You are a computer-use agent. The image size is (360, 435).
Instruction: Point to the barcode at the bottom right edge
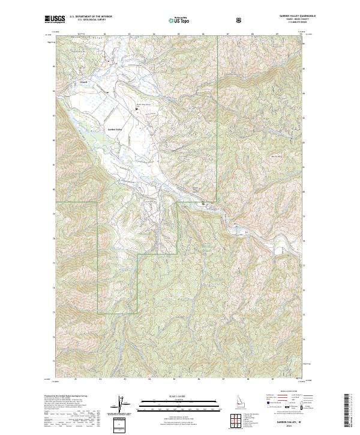[x=347, y=414]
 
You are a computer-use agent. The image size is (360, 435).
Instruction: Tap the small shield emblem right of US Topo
[x=239, y=20]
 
